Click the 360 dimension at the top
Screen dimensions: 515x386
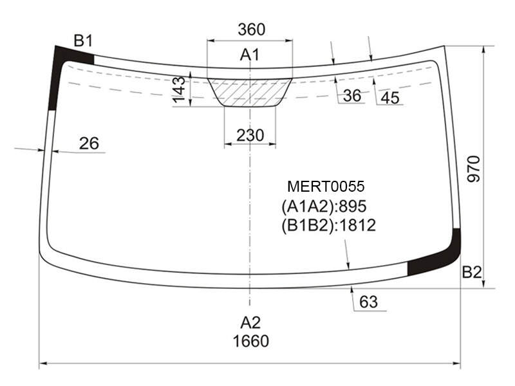pyautogui.click(x=252, y=30)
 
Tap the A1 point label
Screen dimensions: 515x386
pyautogui.click(x=250, y=55)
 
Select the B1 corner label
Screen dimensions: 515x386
pyautogui.click(x=83, y=41)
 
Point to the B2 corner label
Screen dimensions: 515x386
pyautogui.click(x=472, y=272)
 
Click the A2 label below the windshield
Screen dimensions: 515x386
pyautogui.click(x=250, y=323)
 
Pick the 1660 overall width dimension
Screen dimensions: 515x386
pyautogui.click(x=251, y=341)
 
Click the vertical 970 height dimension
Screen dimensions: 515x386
pyautogui.click(x=474, y=169)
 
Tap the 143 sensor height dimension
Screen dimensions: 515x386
pyautogui.click(x=179, y=89)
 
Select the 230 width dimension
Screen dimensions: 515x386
pyautogui.click(x=250, y=135)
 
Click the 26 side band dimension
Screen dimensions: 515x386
pyautogui.click(x=89, y=143)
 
